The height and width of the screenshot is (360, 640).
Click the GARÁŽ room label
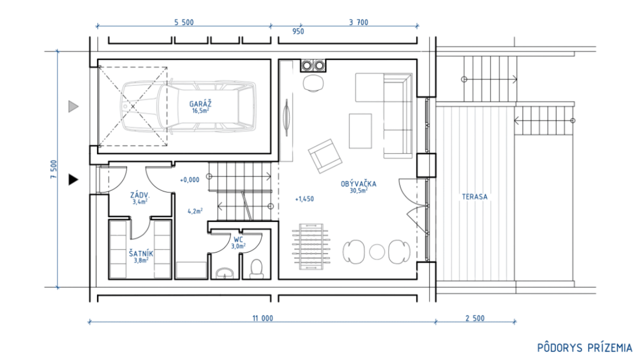click(x=200, y=104)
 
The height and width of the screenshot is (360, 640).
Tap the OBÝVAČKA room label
click(x=358, y=183)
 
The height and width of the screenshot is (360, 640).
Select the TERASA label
click(x=475, y=196)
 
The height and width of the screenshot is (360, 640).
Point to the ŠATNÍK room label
click(x=141, y=253)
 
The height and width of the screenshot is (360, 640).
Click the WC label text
click(x=238, y=239)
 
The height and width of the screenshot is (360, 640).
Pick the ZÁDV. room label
click(x=140, y=195)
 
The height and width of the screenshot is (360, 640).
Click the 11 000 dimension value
click(x=262, y=318)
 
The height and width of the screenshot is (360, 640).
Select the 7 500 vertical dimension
click(x=53, y=169)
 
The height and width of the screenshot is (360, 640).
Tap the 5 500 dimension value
click(x=184, y=22)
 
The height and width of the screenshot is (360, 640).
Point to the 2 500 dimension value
click(x=475, y=318)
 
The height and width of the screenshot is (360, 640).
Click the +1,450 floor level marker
click(x=304, y=199)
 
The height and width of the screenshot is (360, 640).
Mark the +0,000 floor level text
click(x=189, y=179)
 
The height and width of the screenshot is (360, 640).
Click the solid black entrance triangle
click(x=73, y=179)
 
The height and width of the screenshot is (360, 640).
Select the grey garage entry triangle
click(x=73, y=106)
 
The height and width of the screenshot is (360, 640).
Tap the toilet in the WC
click(x=256, y=269)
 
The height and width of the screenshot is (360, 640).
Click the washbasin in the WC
click(x=224, y=273)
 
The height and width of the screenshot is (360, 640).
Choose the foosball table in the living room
click(x=311, y=246)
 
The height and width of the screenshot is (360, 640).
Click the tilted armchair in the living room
click(x=325, y=156)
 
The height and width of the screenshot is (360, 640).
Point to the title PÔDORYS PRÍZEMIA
click(x=584, y=348)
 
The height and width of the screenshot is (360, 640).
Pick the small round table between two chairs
click(x=377, y=252)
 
